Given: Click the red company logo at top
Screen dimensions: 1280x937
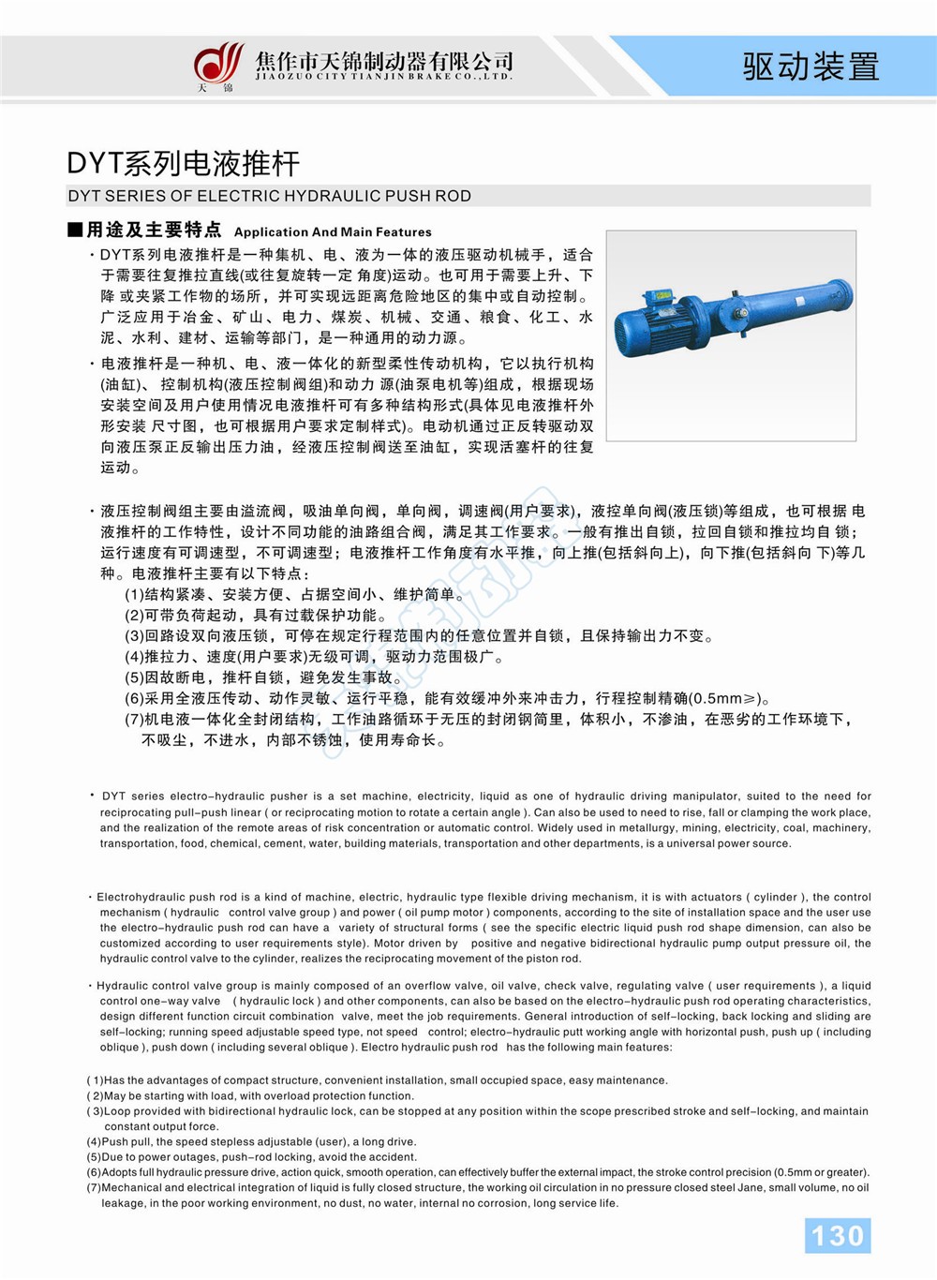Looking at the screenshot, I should pyautogui.click(x=217, y=64).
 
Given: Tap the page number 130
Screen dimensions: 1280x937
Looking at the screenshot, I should pyautogui.click(x=838, y=1235).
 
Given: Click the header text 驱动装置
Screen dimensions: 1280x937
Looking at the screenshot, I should pyautogui.click(x=811, y=67).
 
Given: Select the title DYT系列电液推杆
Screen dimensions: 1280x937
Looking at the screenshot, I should pyautogui.click(x=184, y=163).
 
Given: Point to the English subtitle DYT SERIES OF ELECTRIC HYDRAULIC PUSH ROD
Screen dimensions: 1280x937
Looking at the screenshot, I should pyautogui.click(x=270, y=196).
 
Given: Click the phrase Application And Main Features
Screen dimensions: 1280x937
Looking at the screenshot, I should pyautogui.click(x=333, y=231).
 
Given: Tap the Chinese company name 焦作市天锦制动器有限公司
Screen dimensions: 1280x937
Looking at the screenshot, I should pyautogui.click(x=384, y=60).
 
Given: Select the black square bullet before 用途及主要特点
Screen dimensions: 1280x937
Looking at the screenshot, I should pyautogui.click(x=75, y=230).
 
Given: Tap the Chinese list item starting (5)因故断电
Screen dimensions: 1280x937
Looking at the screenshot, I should pyautogui.click(x=264, y=677).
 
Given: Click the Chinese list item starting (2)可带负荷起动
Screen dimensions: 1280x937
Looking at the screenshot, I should pyautogui.click(x=256, y=615).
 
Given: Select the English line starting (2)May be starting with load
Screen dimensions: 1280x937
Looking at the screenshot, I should pyautogui.click(x=250, y=1095).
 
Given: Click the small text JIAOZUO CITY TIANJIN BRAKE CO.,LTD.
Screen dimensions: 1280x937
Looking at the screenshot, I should pyautogui.click(x=384, y=77).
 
